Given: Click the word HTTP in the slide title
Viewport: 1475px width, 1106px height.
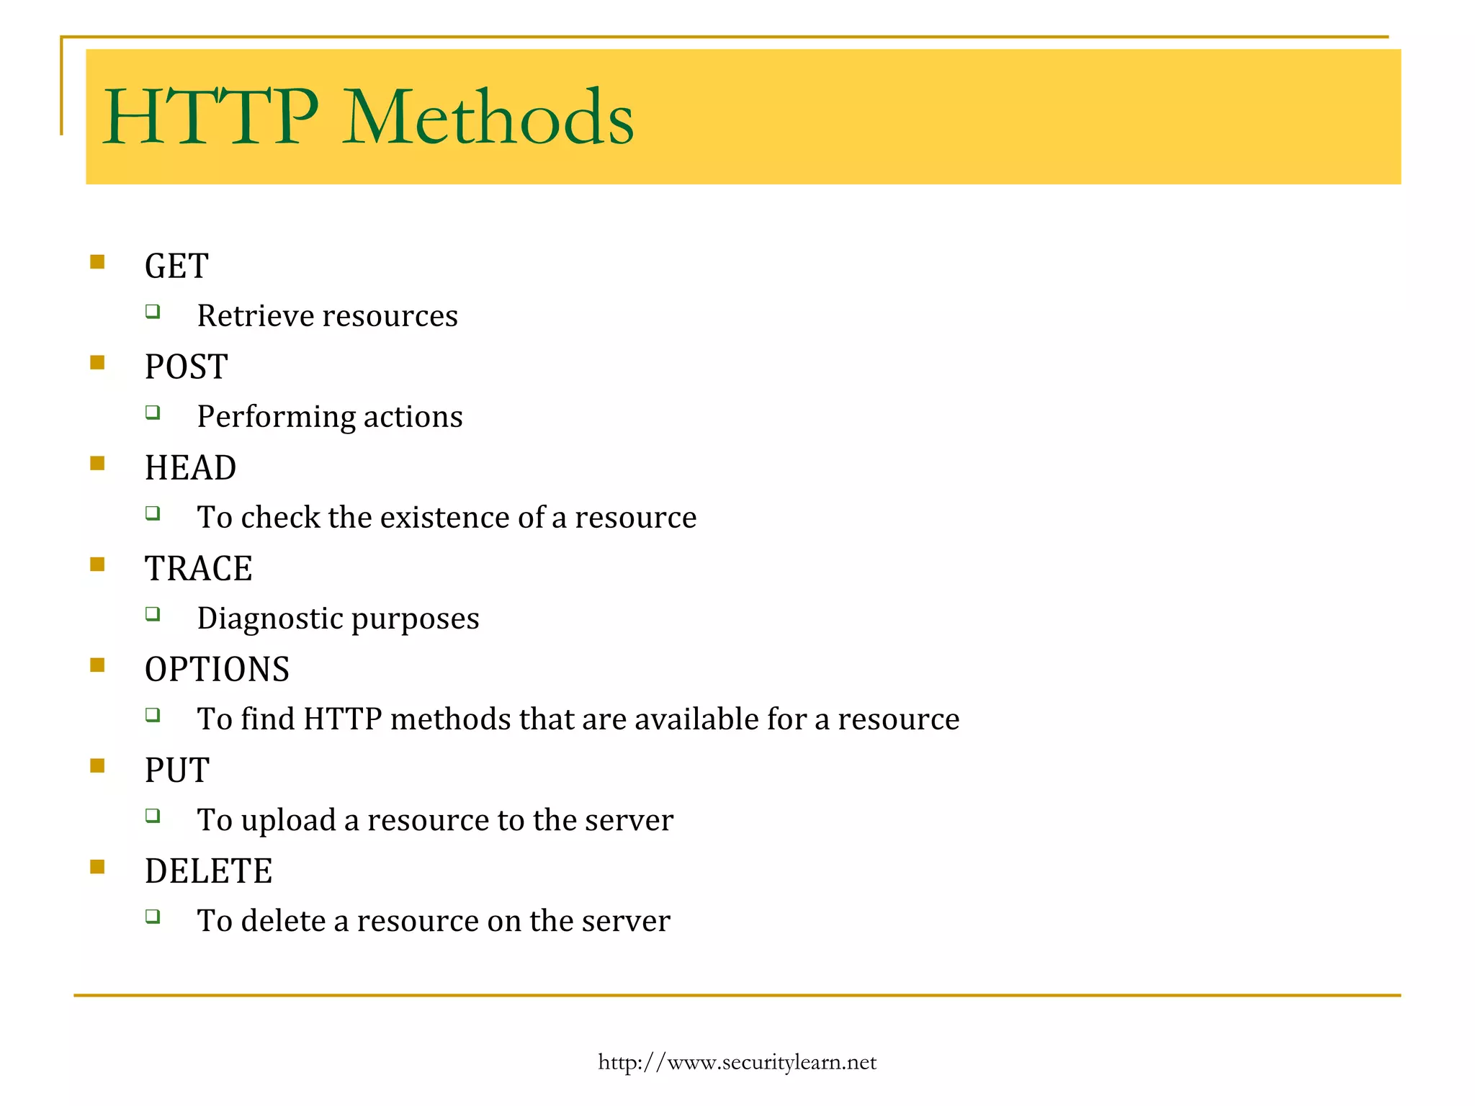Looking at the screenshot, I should click(210, 117).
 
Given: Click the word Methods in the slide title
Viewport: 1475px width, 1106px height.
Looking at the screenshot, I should click(488, 117).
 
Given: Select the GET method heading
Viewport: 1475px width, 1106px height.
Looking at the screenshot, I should click(176, 266).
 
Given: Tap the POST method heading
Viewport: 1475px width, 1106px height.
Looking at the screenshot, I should click(186, 367).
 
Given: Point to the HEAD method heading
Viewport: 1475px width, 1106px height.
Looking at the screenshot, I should click(190, 468).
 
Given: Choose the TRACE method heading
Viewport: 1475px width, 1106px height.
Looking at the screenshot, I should click(198, 569).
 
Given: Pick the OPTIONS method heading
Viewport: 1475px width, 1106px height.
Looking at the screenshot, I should click(217, 670).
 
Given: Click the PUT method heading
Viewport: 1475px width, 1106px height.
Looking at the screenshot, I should click(176, 770).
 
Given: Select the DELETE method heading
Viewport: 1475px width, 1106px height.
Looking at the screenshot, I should click(208, 871).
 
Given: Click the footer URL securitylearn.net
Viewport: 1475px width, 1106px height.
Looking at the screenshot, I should click(737, 1063).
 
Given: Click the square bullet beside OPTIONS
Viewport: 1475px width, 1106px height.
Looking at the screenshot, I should click(97, 665).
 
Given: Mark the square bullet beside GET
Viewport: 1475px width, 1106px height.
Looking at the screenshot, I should click(97, 261).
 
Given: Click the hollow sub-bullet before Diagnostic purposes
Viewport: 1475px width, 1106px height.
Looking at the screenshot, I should click(152, 613).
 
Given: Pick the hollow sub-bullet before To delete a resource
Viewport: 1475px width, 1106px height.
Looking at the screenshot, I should click(152, 916).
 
